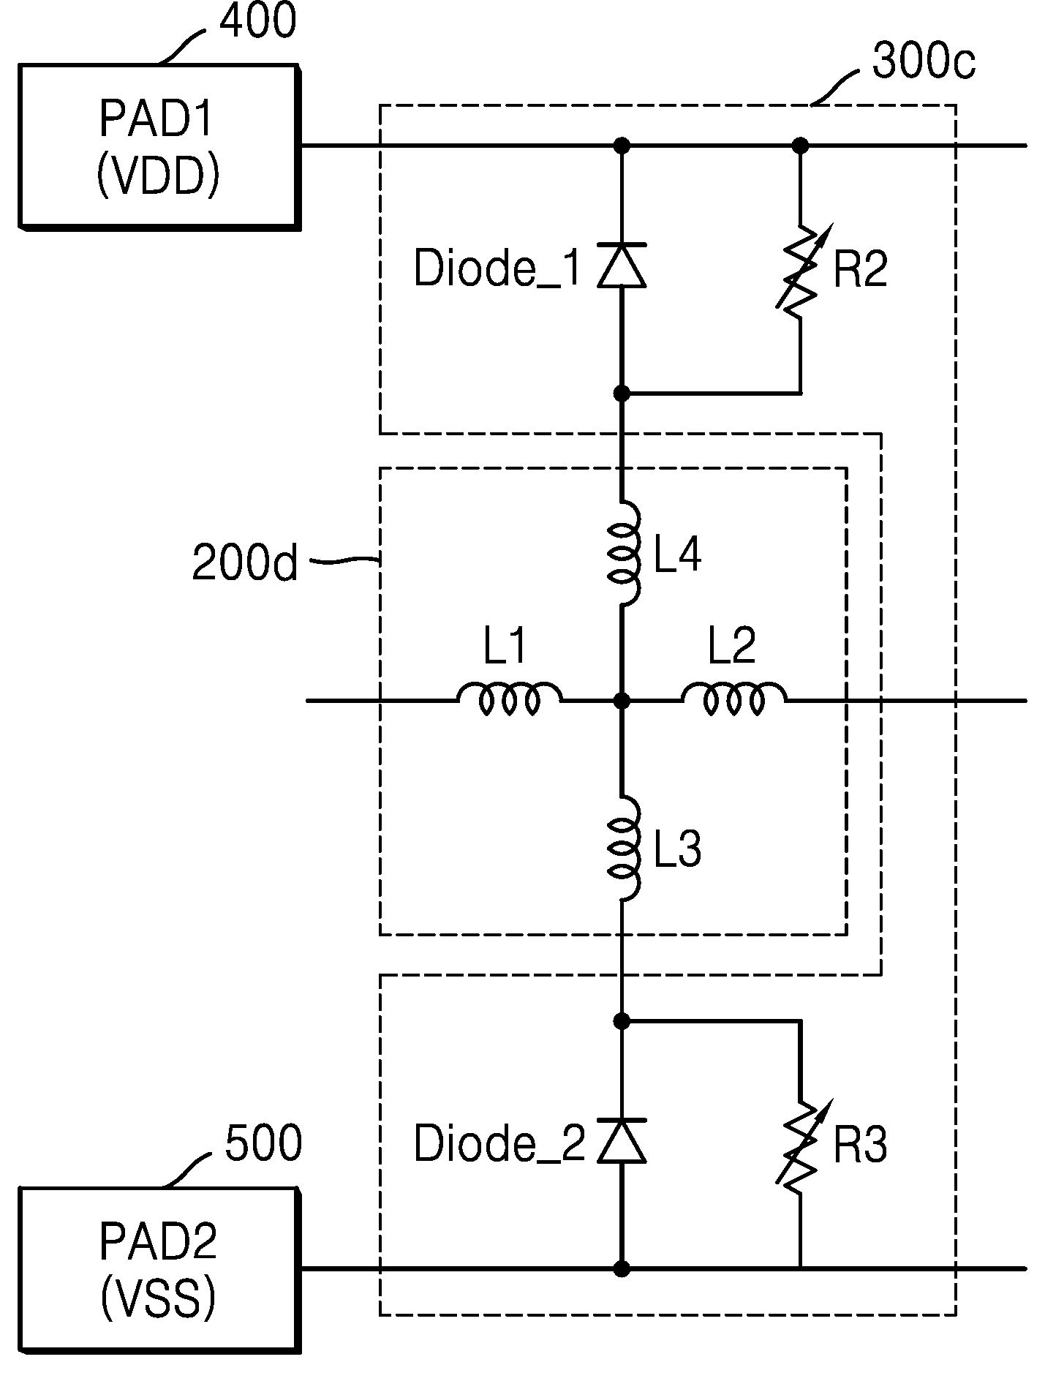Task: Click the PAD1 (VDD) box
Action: [x=159, y=148]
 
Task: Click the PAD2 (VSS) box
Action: [x=159, y=1271]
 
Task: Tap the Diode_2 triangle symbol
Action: [x=622, y=1140]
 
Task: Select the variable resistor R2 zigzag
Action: [x=800, y=271]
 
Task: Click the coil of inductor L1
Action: [x=510, y=699]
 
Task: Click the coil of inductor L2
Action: [x=734, y=699]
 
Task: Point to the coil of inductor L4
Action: [x=625, y=554]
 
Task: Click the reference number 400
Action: [x=258, y=21]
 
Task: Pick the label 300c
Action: [x=924, y=62]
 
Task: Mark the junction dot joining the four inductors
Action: [x=622, y=701]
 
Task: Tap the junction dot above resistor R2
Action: [x=801, y=145]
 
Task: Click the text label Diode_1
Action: [x=498, y=269]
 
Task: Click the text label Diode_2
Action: [x=499, y=1144]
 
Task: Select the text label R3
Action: [x=860, y=1146]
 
